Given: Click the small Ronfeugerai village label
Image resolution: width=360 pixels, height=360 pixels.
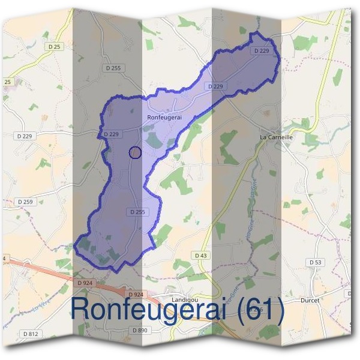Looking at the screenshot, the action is pyautogui.click(x=164, y=118).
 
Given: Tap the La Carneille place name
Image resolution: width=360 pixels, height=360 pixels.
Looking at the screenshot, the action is pyautogui.click(x=276, y=137).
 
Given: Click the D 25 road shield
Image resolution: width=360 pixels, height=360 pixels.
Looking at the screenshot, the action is pyautogui.click(x=55, y=46).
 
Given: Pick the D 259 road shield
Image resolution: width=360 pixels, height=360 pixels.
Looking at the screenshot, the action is pyautogui.click(x=25, y=202).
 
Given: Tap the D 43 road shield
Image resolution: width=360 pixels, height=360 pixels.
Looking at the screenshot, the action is pyautogui.click(x=201, y=256).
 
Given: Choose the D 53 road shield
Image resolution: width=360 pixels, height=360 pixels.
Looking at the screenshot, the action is pyautogui.click(x=315, y=262).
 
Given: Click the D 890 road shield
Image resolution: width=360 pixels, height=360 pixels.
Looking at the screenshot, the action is pyautogui.click(x=139, y=330).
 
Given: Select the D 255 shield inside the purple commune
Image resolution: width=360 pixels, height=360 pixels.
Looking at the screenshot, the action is pyautogui.click(x=137, y=212).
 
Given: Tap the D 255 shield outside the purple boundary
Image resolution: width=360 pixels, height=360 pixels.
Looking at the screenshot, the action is pyautogui.click(x=112, y=68).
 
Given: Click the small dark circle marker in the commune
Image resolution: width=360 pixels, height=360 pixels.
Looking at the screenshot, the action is pyautogui.click(x=135, y=152).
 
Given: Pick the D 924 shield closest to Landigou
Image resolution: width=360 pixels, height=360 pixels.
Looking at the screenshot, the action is pyautogui.click(x=136, y=294).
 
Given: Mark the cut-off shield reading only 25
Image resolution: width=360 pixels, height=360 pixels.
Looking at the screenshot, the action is pyautogui.click(x=7, y=81).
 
